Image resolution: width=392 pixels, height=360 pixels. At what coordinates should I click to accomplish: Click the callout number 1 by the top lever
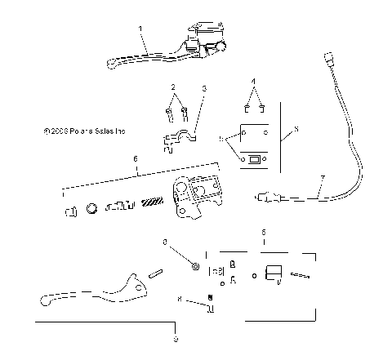(x=141, y=28)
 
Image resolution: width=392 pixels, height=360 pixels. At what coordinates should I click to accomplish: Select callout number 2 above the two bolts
(x=172, y=86)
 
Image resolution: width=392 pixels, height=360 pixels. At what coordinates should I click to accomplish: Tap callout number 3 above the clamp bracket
(x=204, y=87)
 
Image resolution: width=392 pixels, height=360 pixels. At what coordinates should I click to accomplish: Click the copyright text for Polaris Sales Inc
(x=87, y=130)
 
